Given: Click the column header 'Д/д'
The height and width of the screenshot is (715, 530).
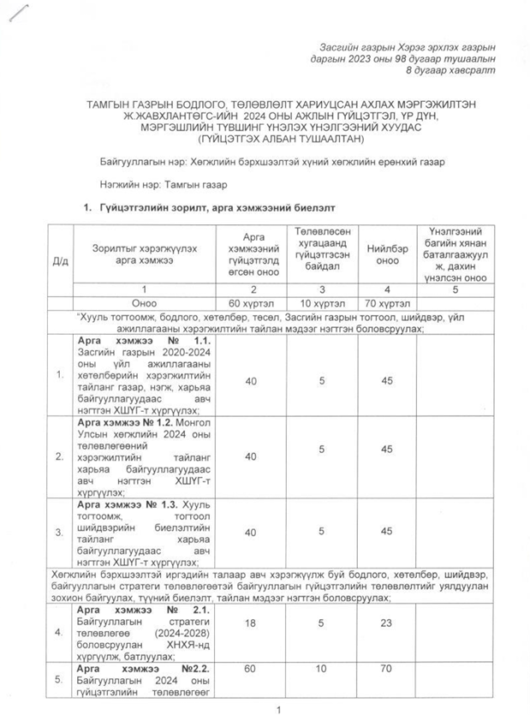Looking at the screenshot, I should [x=59, y=260].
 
